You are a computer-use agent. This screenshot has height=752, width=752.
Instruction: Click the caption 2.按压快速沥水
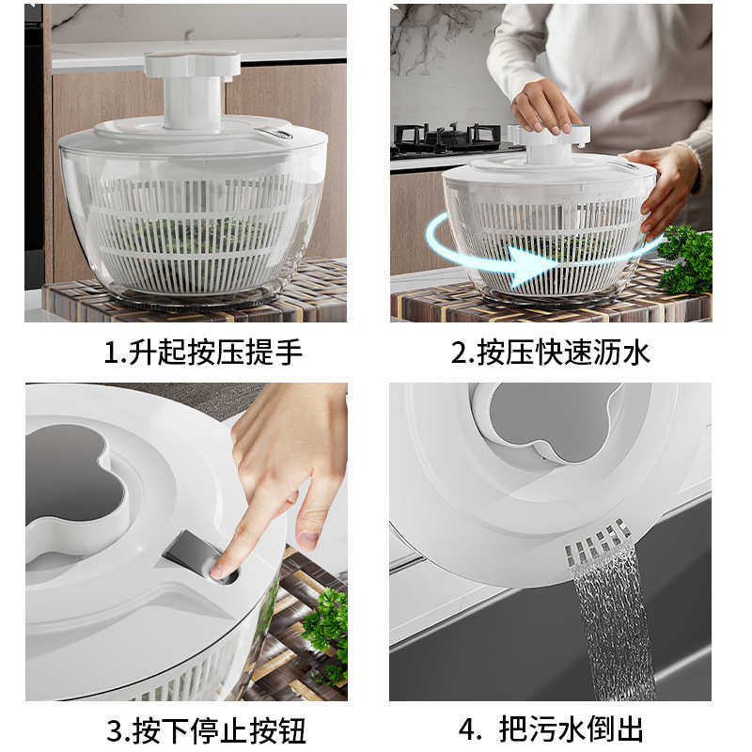(550, 352)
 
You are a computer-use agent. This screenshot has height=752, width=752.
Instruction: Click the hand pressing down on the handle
(544, 104)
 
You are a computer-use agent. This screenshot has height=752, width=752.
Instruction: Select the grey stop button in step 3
(193, 554)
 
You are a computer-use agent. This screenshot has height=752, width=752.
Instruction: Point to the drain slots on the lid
(597, 544)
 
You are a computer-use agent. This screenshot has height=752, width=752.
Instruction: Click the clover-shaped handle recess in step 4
(545, 423)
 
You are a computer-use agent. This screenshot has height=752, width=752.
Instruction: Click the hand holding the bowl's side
(669, 183)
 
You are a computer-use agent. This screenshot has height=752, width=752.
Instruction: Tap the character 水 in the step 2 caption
(635, 352)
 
